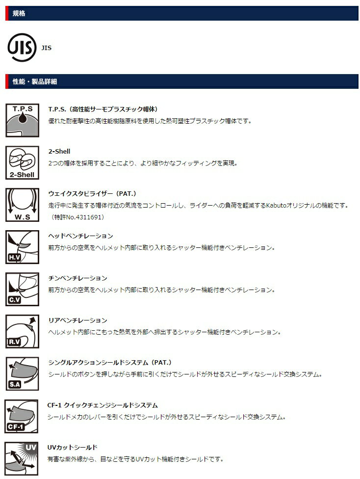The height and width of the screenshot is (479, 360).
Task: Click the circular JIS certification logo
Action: (x=22, y=47)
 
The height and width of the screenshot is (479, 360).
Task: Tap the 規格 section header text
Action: (x=19, y=13)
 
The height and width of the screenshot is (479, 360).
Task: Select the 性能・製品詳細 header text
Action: (x=34, y=81)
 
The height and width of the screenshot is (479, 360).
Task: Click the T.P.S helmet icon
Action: (x=22, y=120)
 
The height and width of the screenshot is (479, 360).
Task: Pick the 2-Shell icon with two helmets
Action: (x=22, y=162)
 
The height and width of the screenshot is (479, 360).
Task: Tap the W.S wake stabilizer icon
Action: (x=22, y=205)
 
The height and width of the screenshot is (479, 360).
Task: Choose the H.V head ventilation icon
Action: (x=22, y=247)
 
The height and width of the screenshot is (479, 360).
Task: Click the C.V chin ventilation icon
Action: (x=22, y=289)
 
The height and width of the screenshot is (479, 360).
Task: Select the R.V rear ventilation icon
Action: (x=22, y=331)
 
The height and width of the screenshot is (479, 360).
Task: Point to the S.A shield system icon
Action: (x=22, y=373)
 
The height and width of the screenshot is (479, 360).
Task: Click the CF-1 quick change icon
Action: (x=22, y=416)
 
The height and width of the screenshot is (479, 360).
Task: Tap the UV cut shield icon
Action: (x=22, y=458)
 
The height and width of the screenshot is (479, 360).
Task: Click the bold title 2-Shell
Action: (x=59, y=151)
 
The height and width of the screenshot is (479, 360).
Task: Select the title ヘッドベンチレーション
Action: (x=80, y=236)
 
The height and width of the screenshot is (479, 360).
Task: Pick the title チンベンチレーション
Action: (x=77, y=278)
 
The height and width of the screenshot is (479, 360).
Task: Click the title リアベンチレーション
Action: (x=77, y=320)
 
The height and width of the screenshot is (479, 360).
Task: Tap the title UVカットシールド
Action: (x=73, y=447)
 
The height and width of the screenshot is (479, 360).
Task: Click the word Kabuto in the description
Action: (x=276, y=205)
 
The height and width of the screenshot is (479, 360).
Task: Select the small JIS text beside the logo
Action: (x=47, y=48)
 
